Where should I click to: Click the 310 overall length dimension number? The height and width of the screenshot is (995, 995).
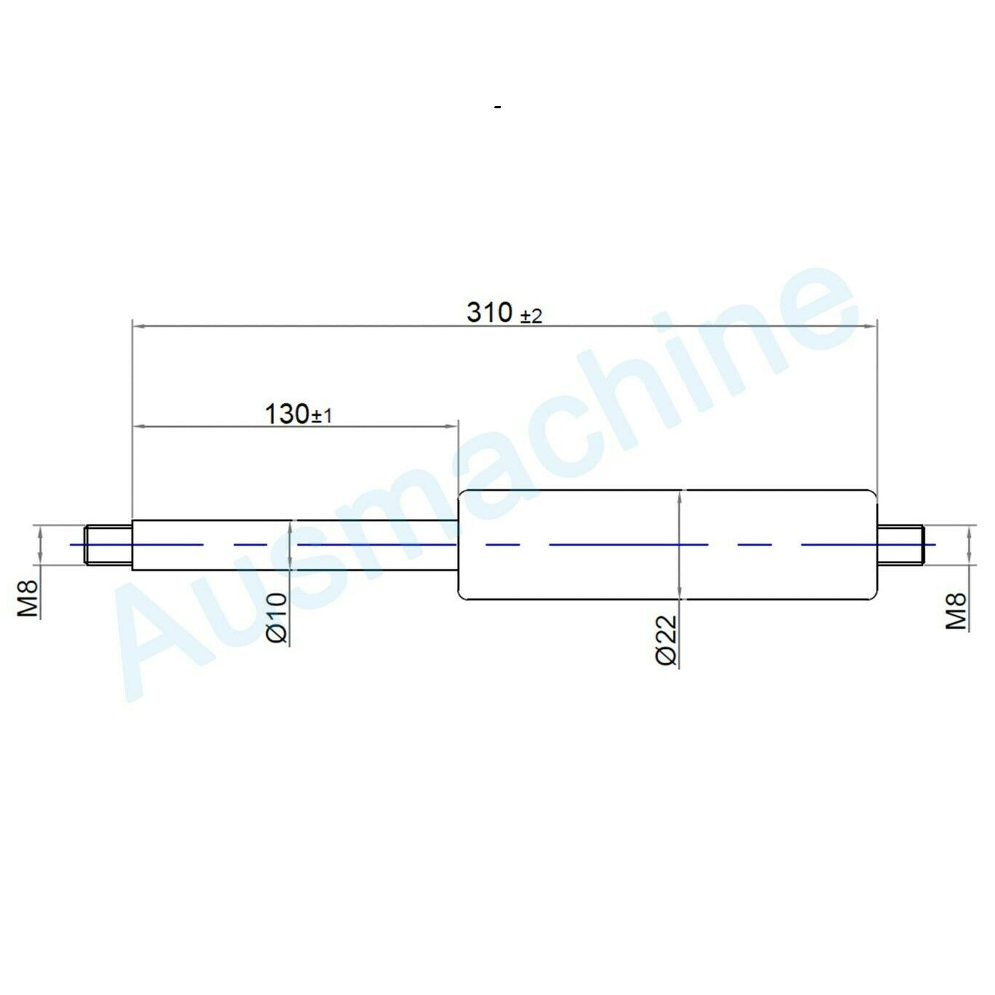click(489, 313)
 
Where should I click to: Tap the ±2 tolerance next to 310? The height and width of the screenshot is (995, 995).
click(531, 316)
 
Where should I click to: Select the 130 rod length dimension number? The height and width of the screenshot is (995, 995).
click(286, 414)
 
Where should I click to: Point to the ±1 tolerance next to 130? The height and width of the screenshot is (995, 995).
click(322, 416)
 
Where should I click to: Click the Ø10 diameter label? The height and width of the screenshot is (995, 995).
click(278, 617)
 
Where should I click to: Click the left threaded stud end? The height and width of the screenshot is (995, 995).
click(108, 544)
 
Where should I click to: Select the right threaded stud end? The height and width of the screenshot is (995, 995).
click(901, 544)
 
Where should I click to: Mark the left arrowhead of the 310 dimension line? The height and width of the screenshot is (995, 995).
click(138, 327)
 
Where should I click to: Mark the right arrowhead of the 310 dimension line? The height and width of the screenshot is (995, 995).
click(870, 327)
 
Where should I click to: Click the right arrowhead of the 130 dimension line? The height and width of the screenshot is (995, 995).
click(451, 427)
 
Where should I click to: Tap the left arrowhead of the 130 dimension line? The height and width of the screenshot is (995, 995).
click(138, 427)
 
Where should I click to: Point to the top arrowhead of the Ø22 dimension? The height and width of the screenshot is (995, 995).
click(679, 496)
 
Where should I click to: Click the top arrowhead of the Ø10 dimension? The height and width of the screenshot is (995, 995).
click(291, 525)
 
